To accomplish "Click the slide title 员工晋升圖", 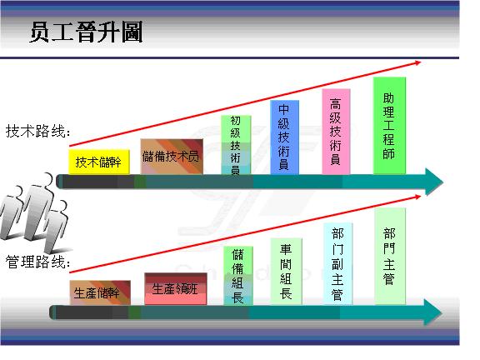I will [x=86, y=32].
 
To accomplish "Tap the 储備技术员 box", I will [x=171, y=157].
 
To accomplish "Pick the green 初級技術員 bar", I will [x=235, y=145].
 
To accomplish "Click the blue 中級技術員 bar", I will [x=283, y=137].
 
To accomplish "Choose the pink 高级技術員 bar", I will [x=335, y=132].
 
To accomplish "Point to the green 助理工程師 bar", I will [x=388, y=126].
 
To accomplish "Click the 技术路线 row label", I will [x=37, y=132].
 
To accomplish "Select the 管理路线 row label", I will [x=37, y=263].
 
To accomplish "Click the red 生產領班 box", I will [x=174, y=288].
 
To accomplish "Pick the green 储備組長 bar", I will [x=237, y=275].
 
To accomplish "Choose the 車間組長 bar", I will [x=286, y=272].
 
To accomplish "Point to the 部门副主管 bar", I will [x=337, y=264].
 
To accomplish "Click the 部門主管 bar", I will [x=389, y=258].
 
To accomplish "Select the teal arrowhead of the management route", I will [x=432, y=312].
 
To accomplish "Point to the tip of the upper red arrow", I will [x=422, y=61].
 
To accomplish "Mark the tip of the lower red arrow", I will [x=421, y=194].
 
